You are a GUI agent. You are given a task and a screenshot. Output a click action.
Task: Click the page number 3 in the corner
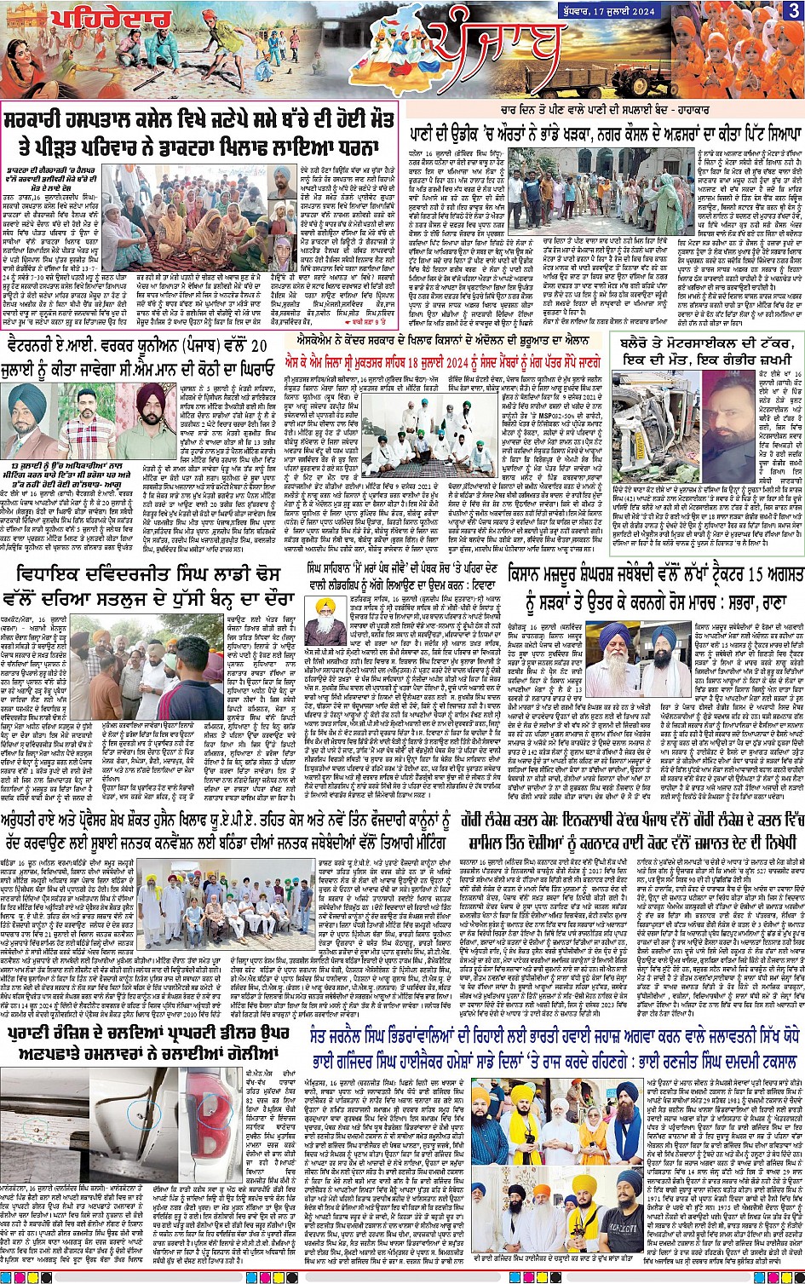tap(792, 10)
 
